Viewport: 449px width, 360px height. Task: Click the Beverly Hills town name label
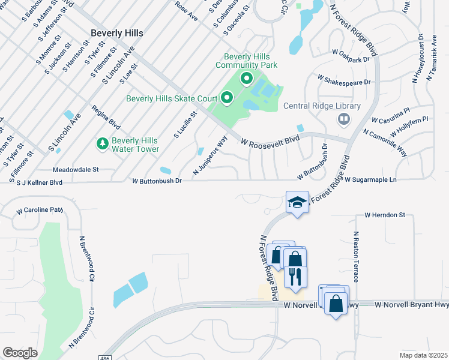(117, 33)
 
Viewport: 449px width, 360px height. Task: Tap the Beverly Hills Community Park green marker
(246, 78)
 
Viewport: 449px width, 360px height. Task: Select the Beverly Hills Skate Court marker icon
(227, 97)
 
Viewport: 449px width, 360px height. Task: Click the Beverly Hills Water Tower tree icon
(102, 144)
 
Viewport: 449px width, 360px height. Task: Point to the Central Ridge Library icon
(343, 119)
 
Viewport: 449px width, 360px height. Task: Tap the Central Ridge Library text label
(322, 107)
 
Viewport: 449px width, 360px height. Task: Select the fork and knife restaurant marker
(294, 275)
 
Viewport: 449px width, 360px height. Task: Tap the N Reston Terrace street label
(355, 257)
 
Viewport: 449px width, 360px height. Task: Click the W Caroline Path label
(40, 211)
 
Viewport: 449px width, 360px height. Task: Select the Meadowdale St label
(76, 170)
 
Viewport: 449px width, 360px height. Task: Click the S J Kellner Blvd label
(40, 182)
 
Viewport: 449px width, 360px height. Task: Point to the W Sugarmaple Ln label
(371, 179)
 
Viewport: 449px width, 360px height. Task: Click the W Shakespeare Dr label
(345, 81)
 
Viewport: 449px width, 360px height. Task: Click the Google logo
(20, 353)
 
